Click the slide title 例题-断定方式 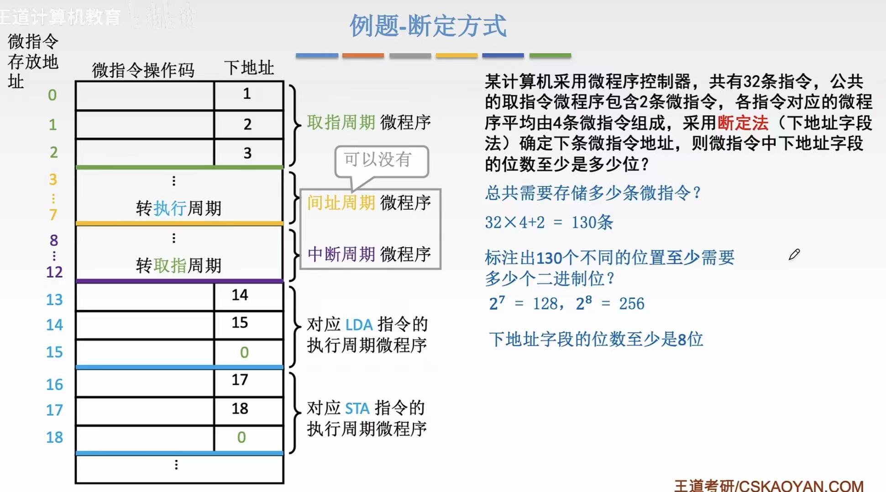[x=428, y=26]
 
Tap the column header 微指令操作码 [x=143, y=70]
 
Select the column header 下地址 [x=249, y=67]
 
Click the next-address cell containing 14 [x=240, y=295]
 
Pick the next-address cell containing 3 [x=247, y=153]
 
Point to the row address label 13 [x=54, y=300]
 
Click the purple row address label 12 [x=54, y=272]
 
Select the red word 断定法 [x=743, y=123]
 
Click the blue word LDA [x=359, y=325]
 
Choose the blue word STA [x=357, y=408]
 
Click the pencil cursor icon [x=794, y=254]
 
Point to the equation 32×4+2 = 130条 [x=549, y=223]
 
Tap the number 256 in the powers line [x=632, y=304]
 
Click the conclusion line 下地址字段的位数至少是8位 [x=595, y=339]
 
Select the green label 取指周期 [x=341, y=122]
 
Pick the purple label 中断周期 [x=341, y=254]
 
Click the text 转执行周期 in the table [x=178, y=208]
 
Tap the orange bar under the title [x=363, y=56]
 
